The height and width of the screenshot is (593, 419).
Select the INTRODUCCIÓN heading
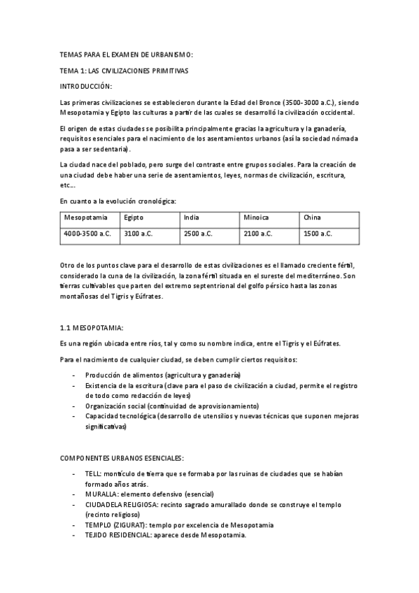86,86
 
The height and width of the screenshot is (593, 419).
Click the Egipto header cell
134,217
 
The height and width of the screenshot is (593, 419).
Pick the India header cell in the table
191,217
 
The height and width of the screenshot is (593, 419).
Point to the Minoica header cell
256,217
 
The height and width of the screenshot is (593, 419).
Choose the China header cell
312,217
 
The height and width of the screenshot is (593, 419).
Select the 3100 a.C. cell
138,234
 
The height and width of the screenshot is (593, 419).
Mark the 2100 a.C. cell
258,234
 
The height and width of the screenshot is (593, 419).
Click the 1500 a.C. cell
318,234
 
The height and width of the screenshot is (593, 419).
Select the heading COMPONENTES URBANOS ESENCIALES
122,458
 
